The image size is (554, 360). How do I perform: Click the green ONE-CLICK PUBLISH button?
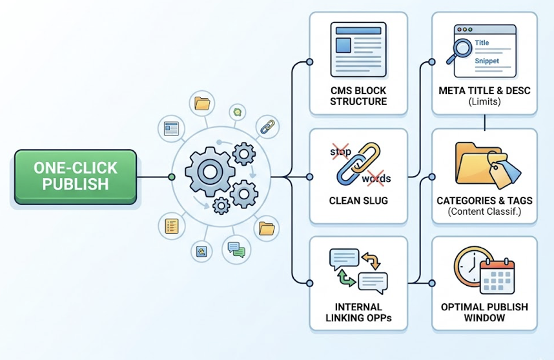[x=76, y=177]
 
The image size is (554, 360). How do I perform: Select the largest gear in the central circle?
[x=208, y=171]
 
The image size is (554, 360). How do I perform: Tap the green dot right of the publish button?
[x=171, y=177]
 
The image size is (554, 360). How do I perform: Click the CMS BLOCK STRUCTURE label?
[x=358, y=96]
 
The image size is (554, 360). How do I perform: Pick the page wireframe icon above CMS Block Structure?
[x=358, y=50]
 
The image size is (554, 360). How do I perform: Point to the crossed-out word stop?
[x=341, y=152]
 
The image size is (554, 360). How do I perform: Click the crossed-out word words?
[x=376, y=178]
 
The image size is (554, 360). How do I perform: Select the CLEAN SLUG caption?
[x=358, y=201]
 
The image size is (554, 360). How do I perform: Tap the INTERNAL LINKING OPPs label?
[x=358, y=312]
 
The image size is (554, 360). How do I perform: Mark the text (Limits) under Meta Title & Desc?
[x=484, y=102]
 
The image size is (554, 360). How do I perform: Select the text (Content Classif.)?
[x=484, y=212]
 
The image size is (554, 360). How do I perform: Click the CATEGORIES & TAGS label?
[x=484, y=201]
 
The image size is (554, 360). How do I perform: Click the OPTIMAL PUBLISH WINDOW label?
[x=484, y=312]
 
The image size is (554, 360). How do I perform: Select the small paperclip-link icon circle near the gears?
[x=267, y=126]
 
